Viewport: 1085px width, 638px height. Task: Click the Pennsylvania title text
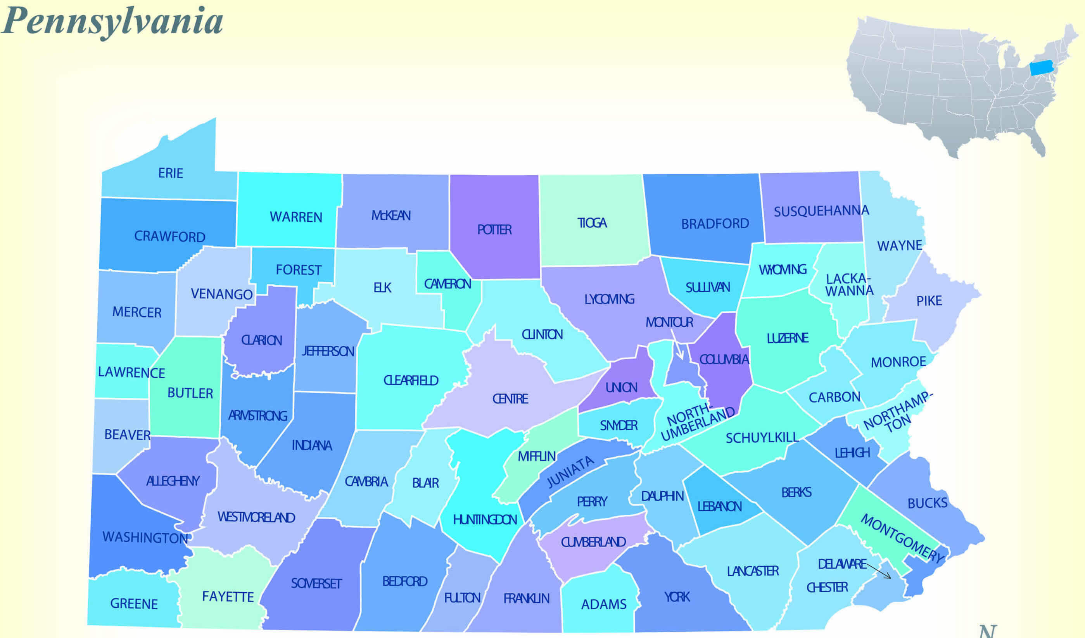pos(113,21)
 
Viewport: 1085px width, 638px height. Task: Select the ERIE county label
pos(171,173)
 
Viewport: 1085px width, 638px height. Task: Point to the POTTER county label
pos(494,229)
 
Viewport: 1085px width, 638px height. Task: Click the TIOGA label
pos(592,222)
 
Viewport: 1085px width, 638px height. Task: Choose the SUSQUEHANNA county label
pos(821,211)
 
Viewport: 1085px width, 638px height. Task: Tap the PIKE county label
pos(929,300)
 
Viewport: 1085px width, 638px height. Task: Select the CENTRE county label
pos(510,398)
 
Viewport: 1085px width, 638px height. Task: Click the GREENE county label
pos(134,604)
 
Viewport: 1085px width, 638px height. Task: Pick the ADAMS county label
pos(604,604)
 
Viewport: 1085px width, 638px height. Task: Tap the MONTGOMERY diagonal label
pos(902,538)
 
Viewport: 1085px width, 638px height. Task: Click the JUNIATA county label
pos(570,472)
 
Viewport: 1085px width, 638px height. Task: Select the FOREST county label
pos(298,270)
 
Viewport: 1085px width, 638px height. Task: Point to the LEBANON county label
pos(719,506)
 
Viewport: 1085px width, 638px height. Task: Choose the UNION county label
pos(621,388)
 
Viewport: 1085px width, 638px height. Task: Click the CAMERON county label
pos(447,284)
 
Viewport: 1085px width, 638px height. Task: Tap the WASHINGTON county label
pos(145,537)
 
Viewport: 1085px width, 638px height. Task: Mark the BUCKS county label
pos(928,503)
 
